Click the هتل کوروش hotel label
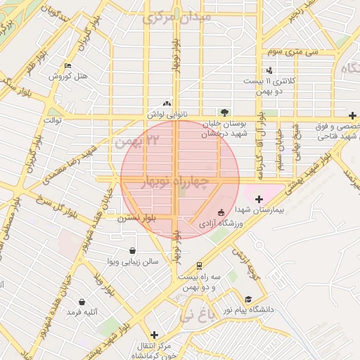point(68,76)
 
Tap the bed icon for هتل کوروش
point(67,65)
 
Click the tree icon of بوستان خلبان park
point(224,112)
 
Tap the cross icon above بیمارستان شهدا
point(259,200)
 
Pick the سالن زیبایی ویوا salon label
point(133,261)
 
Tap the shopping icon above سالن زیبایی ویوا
point(133,250)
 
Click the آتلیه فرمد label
point(82,311)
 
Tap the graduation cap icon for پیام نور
point(247,299)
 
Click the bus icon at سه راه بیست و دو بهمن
point(200,266)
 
